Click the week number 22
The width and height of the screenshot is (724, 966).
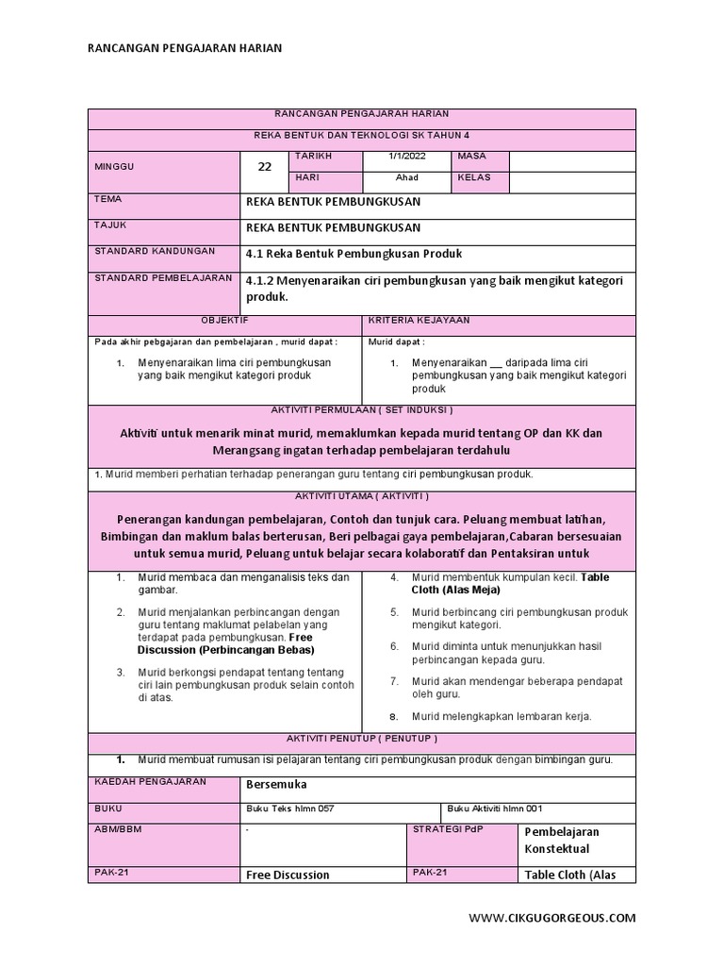click(x=265, y=167)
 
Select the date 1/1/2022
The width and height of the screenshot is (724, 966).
click(x=407, y=156)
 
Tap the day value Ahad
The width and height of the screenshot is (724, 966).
click(x=407, y=177)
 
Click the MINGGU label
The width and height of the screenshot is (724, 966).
click(x=114, y=166)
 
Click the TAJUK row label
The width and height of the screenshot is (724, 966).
click(x=109, y=225)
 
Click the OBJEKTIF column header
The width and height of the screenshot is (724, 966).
click(x=224, y=321)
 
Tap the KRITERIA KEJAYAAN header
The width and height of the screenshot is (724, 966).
click(x=418, y=321)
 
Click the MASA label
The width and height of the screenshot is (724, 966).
click(x=471, y=156)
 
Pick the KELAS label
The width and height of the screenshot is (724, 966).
click(x=473, y=177)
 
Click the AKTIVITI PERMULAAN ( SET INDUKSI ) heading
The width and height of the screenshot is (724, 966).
click(x=361, y=410)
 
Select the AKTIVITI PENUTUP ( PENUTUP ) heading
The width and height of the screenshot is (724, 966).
click(x=361, y=738)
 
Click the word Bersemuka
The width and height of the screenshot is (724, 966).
click(x=276, y=784)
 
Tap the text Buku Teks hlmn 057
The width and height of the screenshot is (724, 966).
click(x=289, y=808)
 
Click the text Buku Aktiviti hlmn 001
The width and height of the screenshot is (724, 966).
click(x=494, y=808)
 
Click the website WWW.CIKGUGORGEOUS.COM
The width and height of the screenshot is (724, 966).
click(x=552, y=917)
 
